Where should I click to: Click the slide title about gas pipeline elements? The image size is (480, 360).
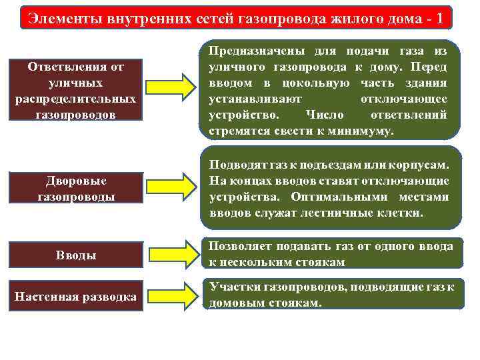coord(237,17)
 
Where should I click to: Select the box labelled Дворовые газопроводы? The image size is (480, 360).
coord(75,189)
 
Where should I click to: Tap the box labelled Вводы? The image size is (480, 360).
coord(75,255)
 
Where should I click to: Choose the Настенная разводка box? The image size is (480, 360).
coord(75,295)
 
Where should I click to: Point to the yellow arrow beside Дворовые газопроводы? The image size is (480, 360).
coord(171,189)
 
